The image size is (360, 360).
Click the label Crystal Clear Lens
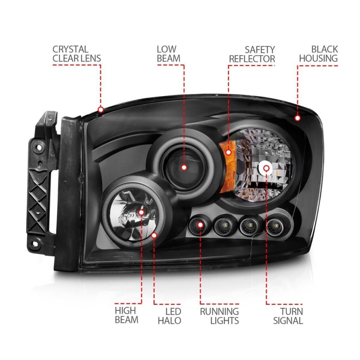coord(77,54)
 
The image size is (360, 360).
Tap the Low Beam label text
coord(168,54)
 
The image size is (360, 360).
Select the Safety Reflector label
coord(252,54)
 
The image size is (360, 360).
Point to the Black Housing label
coord(319,54)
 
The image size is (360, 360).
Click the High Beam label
coord(127,315)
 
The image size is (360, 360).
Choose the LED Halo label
coord(169,316)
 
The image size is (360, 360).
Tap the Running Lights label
coord(219,316)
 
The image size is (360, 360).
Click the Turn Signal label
coord(288,316)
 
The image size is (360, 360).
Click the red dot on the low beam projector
coord(184,168)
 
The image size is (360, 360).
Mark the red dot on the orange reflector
coord(229,152)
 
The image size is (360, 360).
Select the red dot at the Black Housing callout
coord(297,118)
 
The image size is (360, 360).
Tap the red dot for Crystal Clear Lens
coord(101,110)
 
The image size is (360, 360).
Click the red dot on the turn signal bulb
coord(266,168)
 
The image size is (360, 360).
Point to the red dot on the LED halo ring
coord(154,235)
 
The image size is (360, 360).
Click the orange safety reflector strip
coord(227,166)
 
